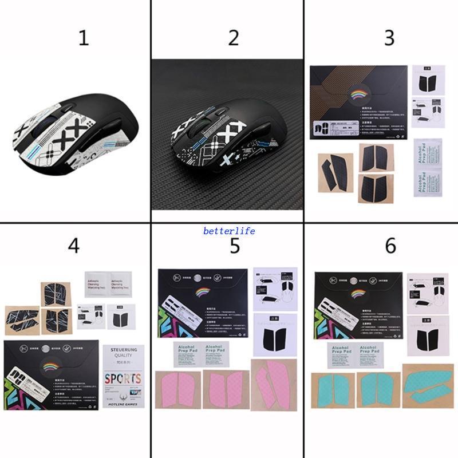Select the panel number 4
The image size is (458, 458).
point(73,245)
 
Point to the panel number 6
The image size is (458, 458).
point(390,245)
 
